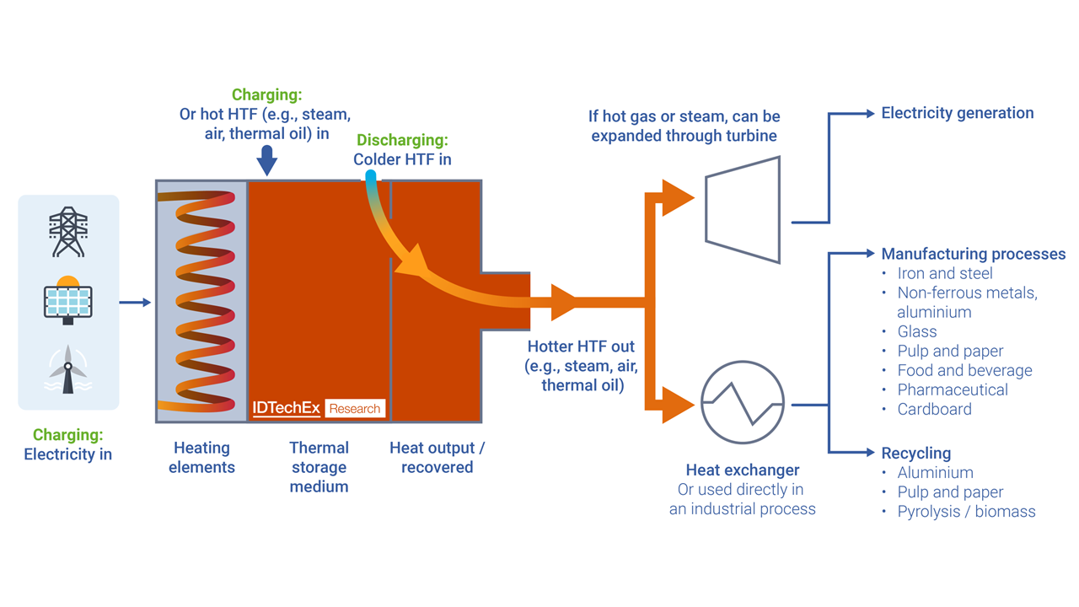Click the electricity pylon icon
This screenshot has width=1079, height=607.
pyautogui.click(x=68, y=232)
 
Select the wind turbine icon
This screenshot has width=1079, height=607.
pyautogui.click(x=68, y=369)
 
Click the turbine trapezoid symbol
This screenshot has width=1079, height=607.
pyautogui.click(x=743, y=209)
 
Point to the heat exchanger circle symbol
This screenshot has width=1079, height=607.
pyautogui.click(x=743, y=403)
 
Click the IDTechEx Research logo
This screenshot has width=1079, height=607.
pyautogui.click(x=319, y=408)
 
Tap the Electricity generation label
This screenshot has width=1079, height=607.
pyautogui.click(x=957, y=113)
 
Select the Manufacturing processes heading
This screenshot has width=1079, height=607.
pyautogui.click(x=973, y=254)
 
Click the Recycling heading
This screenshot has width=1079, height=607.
pyautogui.click(x=915, y=453)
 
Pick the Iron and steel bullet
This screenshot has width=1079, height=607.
pyautogui.click(x=945, y=273)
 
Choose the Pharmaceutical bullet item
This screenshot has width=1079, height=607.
pyautogui.click(x=953, y=389)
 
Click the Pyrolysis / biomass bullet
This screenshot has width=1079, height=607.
pyautogui.click(x=966, y=512)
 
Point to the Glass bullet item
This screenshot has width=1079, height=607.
pyautogui.click(x=917, y=331)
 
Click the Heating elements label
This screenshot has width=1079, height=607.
pyautogui.click(x=201, y=457)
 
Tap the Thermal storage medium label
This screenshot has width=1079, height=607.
pyautogui.click(x=319, y=467)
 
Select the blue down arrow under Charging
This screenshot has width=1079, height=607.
pyautogui.click(x=267, y=159)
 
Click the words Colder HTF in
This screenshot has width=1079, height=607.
pyautogui.click(x=402, y=159)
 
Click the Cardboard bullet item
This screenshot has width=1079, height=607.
pyautogui.click(x=934, y=409)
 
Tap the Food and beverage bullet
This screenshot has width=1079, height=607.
pyautogui.click(x=964, y=370)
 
